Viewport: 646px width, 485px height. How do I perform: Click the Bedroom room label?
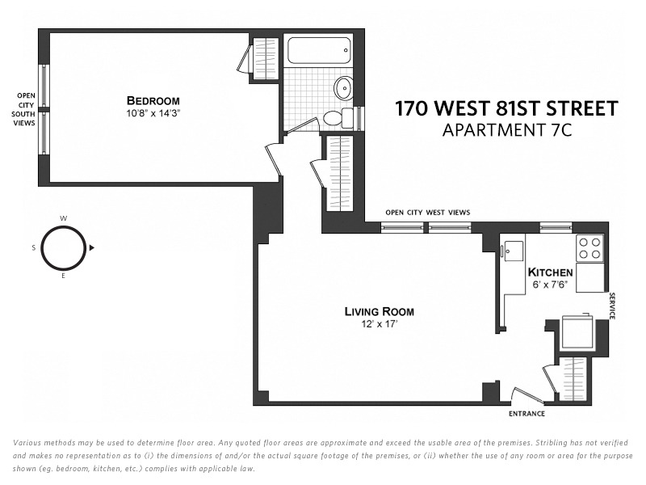tap(153, 100)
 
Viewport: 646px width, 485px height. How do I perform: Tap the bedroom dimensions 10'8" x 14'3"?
tap(153, 113)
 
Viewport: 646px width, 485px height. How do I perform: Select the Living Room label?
tap(379, 311)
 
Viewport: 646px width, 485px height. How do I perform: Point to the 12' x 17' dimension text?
tap(380, 324)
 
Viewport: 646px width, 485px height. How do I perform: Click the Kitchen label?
tap(550, 272)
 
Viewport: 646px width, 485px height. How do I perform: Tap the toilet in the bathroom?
tap(333, 118)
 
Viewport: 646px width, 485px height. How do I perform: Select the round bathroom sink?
tap(344, 86)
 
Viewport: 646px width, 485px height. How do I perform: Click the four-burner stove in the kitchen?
tap(589, 247)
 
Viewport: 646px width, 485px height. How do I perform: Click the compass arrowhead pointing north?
tap(92, 247)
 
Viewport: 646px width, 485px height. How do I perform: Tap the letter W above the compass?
tap(64, 218)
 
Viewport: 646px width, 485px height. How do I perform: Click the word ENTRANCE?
tap(526, 414)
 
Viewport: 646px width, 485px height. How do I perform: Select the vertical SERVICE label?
tap(612, 306)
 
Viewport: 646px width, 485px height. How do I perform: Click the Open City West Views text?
tap(427, 213)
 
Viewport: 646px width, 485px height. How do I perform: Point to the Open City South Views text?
tap(25, 110)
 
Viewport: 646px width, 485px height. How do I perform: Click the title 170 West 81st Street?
tap(506, 108)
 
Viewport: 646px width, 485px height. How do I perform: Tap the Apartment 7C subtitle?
tap(507, 130)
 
